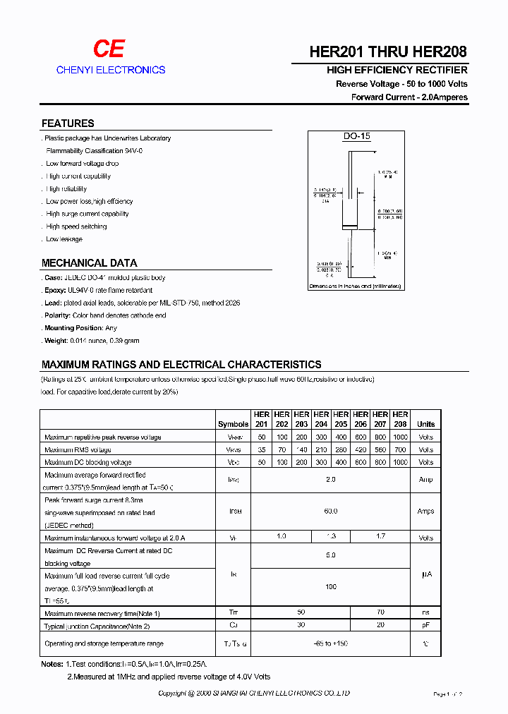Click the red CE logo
click(109, 48)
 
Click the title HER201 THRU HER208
click(388, 52)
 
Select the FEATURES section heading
click(68, 123)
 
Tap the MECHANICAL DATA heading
click(90, 262)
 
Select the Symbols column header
click(234, 424)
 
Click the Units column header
click(425, 424)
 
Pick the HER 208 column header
click(400, 419)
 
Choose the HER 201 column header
click(262, 419)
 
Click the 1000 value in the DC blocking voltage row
click(400, 462)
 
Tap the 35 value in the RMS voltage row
click(262, 449)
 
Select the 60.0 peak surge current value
click(331, 512)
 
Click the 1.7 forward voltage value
click(380, 537)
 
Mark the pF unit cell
click(425, 626)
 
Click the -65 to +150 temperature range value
click(331, 643)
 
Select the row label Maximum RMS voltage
click(78, 449)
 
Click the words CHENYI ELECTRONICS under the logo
click(111, 70)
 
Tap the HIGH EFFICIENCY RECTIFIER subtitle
click(397, 71)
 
